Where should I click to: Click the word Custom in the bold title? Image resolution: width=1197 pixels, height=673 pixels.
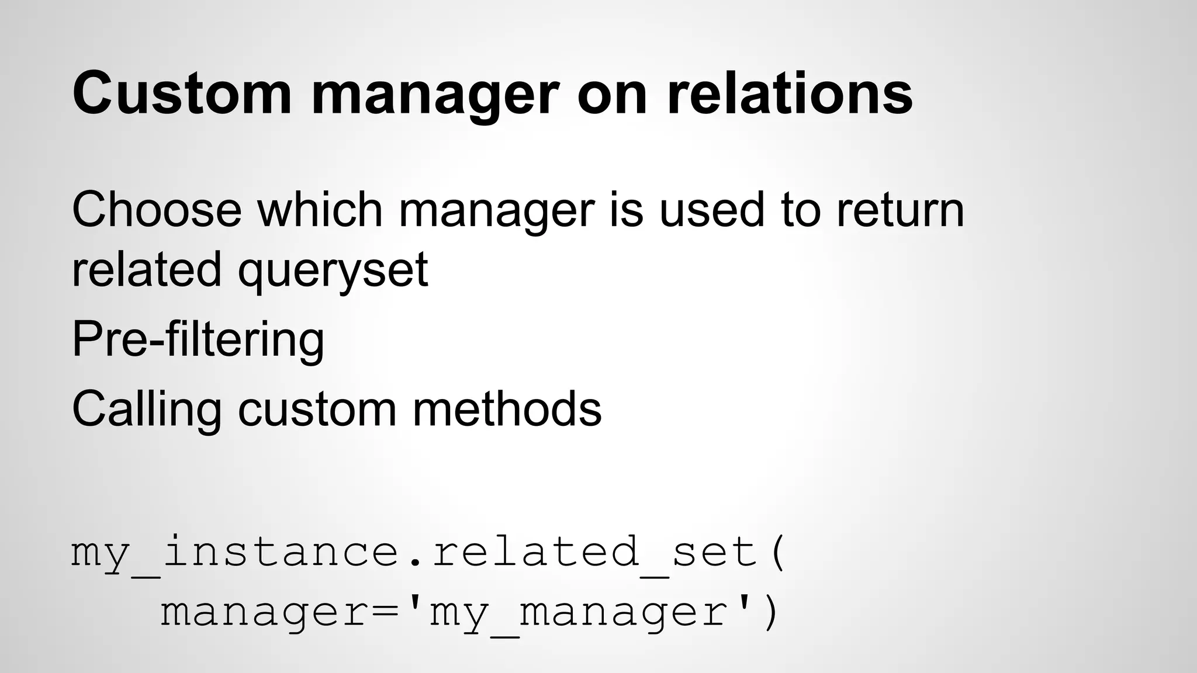182,93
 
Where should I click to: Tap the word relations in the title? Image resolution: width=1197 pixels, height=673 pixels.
789,93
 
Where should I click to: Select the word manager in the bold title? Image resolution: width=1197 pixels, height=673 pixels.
435,96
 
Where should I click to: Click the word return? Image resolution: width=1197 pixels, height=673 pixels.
900,210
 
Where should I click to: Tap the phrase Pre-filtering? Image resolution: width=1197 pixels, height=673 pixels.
198,340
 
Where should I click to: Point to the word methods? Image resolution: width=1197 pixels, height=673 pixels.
507,409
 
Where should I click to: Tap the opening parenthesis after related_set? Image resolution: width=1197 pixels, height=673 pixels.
777,552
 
